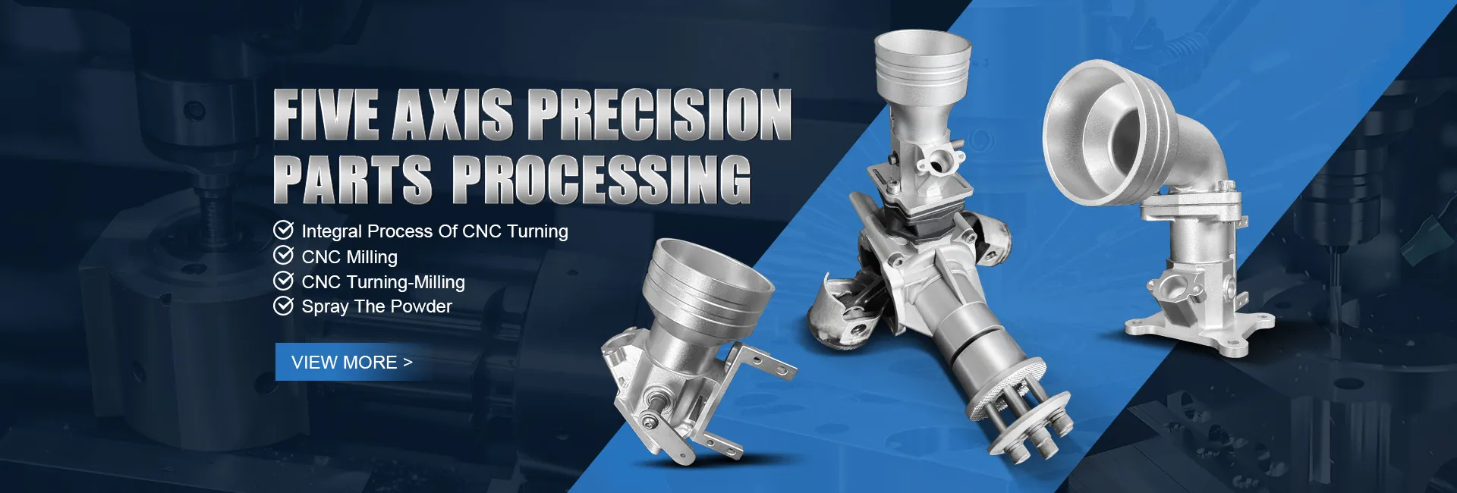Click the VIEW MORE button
click(353, 362)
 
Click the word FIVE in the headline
click(326, 115)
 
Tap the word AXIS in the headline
click(453, 115)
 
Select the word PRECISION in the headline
click(659, 115)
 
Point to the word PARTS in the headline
click(353, 179)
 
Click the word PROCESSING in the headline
click(602, 179)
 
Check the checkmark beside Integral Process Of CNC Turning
click(283, 230)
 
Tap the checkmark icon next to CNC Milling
click(283, 256)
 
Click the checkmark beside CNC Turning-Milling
click(283, 281)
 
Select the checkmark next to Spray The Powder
click(283, 306)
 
